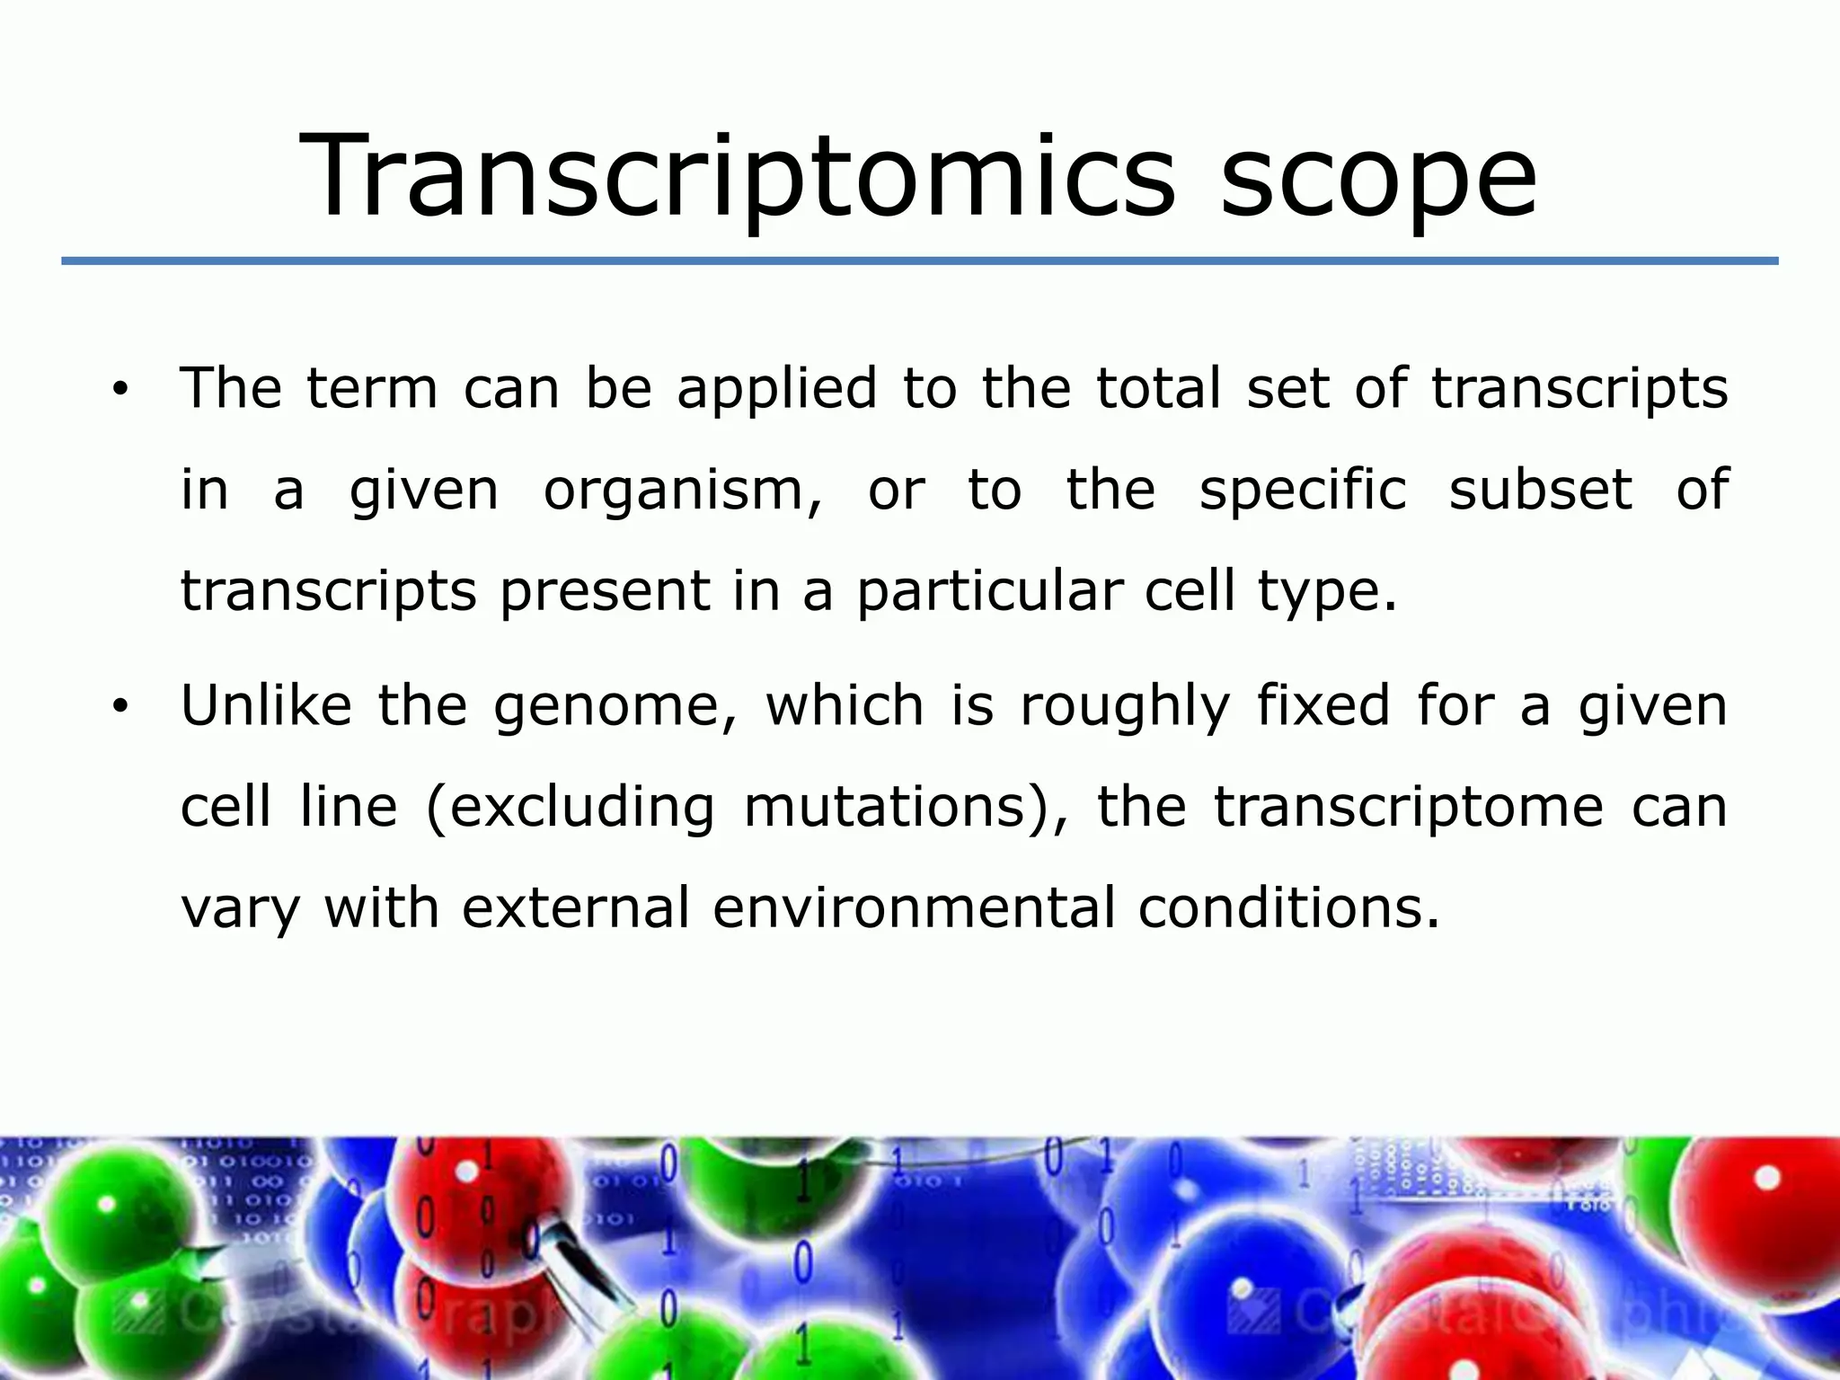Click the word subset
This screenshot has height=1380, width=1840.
coord(1541,490)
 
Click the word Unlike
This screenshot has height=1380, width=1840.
coord(266,705)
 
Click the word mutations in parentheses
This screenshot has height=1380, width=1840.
coord(885,807)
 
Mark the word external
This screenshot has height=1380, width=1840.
coord(576,907)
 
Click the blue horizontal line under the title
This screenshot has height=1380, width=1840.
coord(919,261)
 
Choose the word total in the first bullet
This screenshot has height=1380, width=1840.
coord(1159,389)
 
